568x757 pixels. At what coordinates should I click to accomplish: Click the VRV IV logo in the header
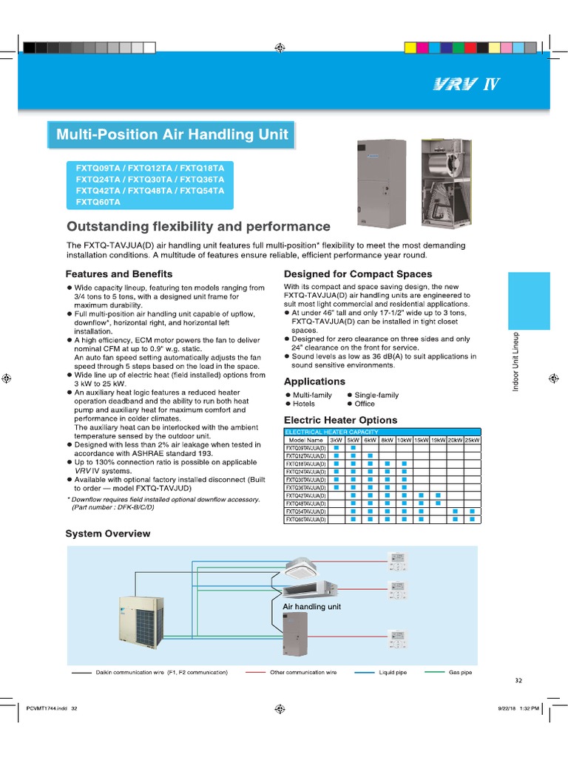(467, 84)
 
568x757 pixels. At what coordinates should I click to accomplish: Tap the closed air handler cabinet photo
(380, 182)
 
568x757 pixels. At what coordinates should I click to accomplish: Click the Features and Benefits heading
(119, 274)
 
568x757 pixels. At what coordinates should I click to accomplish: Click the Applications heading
(314, 381)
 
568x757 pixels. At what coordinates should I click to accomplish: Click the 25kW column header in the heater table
(472, 440)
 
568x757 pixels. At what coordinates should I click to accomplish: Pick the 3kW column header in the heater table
(336, 440)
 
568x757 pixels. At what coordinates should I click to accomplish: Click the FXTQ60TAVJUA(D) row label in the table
(305, 520)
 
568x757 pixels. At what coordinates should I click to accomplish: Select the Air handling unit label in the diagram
(311, 606)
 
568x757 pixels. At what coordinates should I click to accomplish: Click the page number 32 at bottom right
(518, 681)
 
